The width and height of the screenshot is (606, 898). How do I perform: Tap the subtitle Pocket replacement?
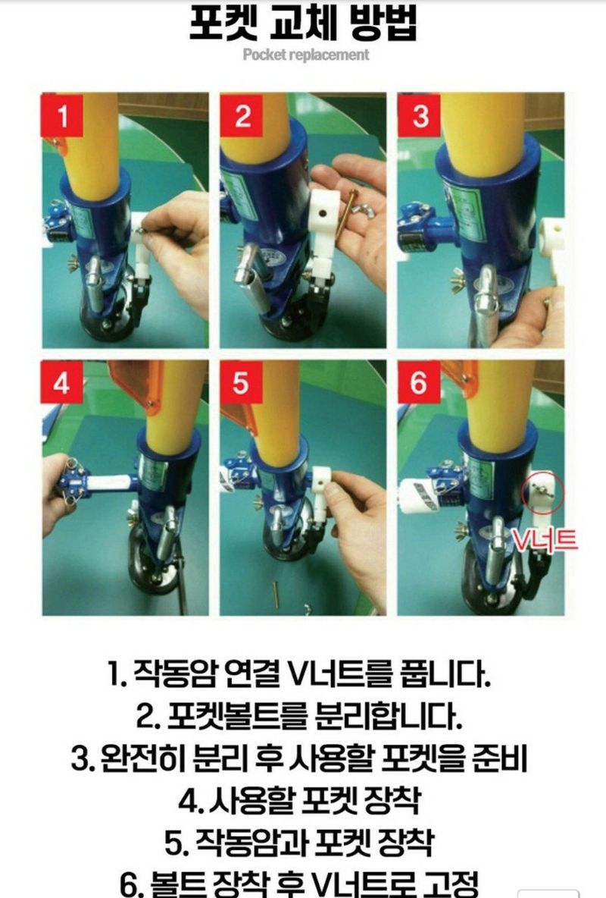(306, 55)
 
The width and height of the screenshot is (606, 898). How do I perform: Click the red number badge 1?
(63, 117)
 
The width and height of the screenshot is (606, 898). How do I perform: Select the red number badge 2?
(242, 117)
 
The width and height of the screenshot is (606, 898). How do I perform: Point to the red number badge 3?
(420, 117)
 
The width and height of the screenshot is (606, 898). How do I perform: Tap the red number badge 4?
(63, 383)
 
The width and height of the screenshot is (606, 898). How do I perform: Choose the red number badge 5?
(241, 383)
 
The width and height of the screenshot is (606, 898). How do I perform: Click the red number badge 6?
(419, 383)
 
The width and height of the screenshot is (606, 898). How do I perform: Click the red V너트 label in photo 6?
(543, 540)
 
